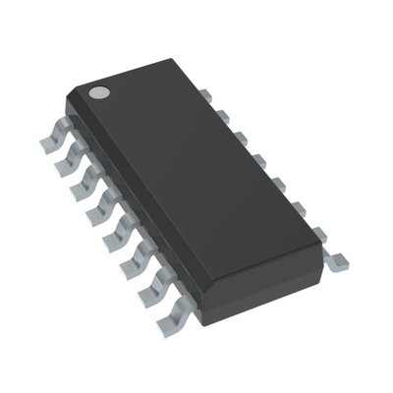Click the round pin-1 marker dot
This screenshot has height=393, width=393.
[98, 92]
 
